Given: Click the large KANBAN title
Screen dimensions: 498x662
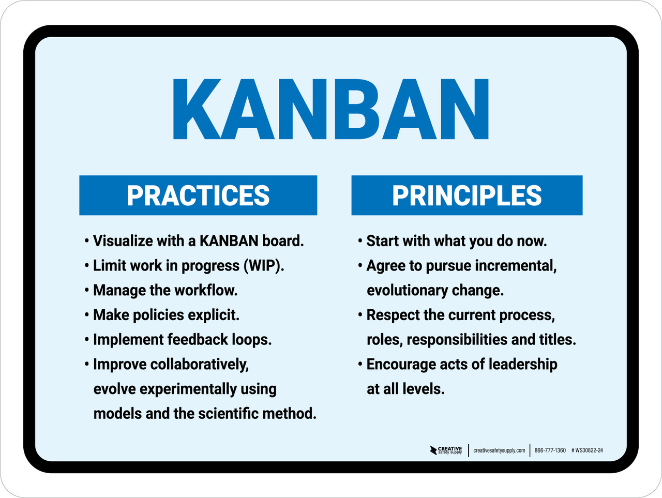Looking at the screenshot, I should click(x=330, y=109).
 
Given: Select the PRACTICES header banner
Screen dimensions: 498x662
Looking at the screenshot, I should click(x=198, y=195).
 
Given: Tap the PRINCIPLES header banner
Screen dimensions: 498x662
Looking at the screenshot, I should click(x=467, y=195).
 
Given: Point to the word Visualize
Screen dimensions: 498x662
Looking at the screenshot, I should click(x=123, y=241).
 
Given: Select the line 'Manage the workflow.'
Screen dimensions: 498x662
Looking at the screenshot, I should click(x=165, y=290).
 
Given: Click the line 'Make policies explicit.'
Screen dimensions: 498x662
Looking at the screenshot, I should click(x=166, y=315).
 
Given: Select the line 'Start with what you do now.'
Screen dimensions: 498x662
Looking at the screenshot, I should click(x=456, y=241).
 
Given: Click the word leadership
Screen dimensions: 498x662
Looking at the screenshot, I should click(x=523, y=364).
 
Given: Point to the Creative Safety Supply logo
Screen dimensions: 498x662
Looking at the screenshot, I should click(x=446, y=450).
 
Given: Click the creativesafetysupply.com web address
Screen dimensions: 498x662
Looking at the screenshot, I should click(x=499, y=450).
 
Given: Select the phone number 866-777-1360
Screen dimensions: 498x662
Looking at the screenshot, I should click(x=550, y=450).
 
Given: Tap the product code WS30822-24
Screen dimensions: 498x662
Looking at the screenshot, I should click(x=588, y=450).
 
